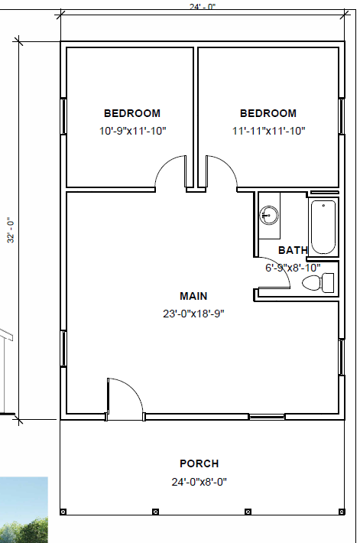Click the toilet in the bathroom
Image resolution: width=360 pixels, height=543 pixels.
point(318,282)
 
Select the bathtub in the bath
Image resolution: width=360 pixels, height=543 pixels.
point(323,227)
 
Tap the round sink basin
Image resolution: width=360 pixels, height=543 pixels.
point(269,215)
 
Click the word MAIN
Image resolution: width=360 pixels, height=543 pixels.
point(193,296)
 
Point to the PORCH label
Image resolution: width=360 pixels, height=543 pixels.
point(199,463)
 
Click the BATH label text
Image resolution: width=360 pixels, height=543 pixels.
point(293,250)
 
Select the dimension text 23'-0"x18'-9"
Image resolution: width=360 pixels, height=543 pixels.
point(193,314)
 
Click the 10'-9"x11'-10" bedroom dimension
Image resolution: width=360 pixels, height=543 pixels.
point(132,132)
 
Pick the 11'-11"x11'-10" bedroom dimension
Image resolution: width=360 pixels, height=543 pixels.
point(268,132)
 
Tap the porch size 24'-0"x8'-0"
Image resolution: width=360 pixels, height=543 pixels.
point(199,482)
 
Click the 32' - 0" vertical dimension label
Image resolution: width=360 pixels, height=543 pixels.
point(11,230)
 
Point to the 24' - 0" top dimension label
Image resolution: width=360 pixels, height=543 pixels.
point(203,7)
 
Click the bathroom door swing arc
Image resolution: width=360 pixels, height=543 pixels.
point(281,267)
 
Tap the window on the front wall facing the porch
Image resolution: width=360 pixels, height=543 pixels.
point(267,417)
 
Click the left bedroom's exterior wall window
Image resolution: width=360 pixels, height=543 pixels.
point(63,116)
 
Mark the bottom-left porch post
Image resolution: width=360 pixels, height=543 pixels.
point(63,512)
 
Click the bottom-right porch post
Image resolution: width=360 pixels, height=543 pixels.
point(342,512)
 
